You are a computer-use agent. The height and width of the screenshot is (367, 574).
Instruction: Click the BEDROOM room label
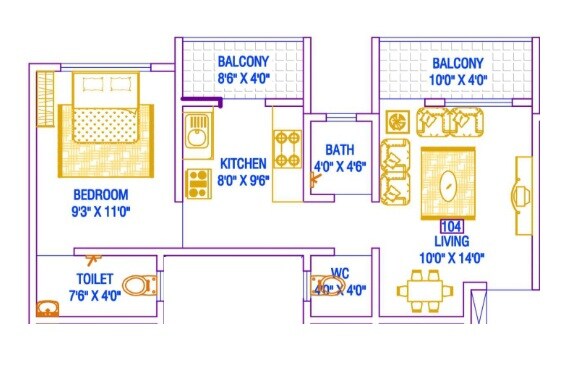click(100, 193)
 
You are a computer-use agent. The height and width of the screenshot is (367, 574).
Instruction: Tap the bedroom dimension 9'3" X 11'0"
click(100, 210)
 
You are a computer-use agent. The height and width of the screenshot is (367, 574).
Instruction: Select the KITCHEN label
click(243, 162)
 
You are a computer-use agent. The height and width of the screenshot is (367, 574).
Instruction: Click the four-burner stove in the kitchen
click(287, 149)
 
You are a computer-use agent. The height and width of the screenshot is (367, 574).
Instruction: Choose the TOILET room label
click(93, 278)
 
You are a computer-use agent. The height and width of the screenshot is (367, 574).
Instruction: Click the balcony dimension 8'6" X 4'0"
click(243, 74)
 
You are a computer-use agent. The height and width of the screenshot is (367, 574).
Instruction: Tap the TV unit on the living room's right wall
click(522, 195)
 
